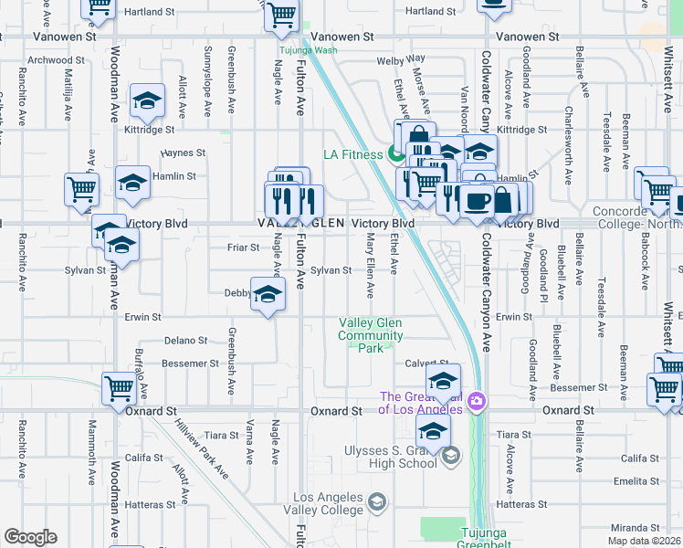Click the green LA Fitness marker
coord(397,153)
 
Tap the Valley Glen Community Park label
coord(371,335)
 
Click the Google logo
coord(30,537)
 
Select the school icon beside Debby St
coord(268,294)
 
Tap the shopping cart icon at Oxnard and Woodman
coord(118,389)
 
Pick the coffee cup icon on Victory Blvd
coord(475,200)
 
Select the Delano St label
coord(185,341)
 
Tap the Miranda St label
coord(636,528)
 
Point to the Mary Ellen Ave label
coord(371,265)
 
